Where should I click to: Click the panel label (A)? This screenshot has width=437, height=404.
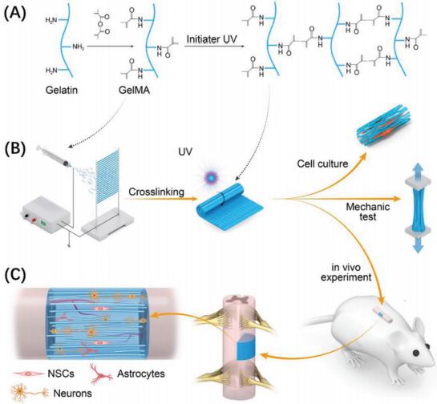point(14,14)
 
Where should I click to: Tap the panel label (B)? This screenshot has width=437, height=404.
point(14,149)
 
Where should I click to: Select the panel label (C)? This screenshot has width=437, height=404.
point(14,275)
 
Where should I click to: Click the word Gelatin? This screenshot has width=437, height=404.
point(62,90)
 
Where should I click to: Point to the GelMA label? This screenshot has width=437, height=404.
point(135,90)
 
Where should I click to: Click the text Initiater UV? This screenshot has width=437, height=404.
point(212,39)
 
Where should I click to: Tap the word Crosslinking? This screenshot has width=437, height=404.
point(156,192)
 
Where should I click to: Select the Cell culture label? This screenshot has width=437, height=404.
point(322,164)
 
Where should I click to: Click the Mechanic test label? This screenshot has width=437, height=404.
point(368,212)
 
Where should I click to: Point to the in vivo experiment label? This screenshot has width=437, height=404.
point(346,273)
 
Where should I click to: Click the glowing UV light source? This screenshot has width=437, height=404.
point(211,177)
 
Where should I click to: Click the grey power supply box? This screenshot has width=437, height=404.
point(44,215)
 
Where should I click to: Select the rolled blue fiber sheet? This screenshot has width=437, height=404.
point(230,209)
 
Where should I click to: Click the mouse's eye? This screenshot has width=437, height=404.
point(416,353)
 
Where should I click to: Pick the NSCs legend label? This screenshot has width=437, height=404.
point(61,374)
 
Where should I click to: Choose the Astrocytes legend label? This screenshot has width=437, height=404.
point(141,374)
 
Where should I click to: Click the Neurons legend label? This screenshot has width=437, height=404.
point(72,393)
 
